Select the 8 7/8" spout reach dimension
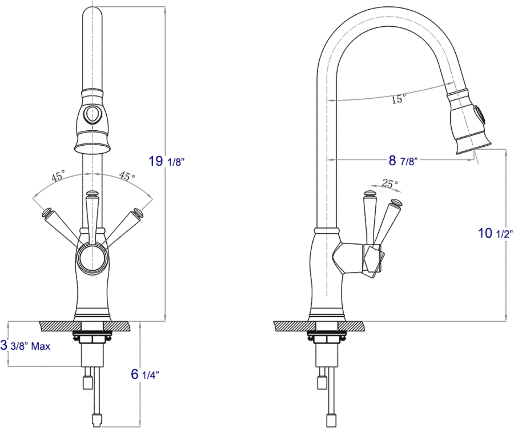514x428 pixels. [402, 161]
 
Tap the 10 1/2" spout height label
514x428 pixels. [495, 233]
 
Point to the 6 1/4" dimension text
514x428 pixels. [145, 374]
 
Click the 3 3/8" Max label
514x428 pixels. [25, 345]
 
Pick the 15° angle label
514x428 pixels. [398, 99]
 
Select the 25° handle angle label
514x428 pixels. [390, 183]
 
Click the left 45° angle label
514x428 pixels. [58, 176]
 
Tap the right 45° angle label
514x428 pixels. [127, 176]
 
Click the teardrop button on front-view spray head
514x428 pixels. [92, 114]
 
